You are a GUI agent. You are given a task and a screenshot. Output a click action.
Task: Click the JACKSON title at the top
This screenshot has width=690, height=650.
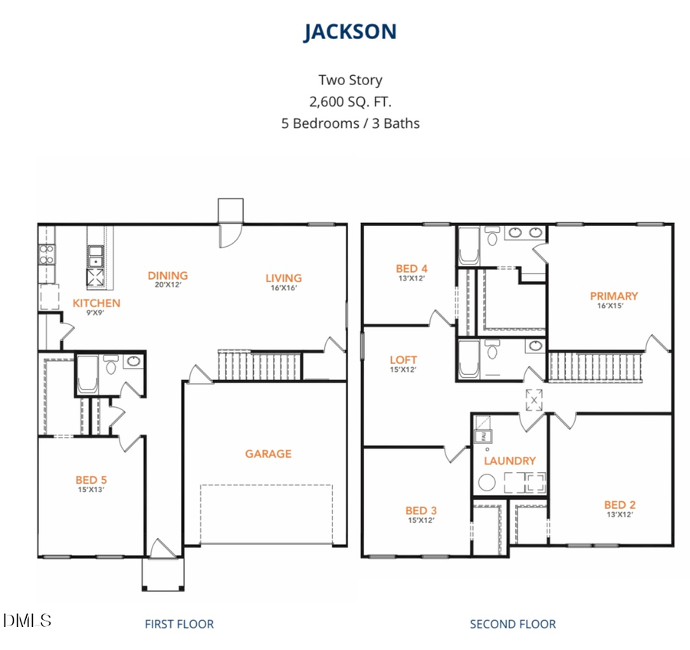coord(350,32)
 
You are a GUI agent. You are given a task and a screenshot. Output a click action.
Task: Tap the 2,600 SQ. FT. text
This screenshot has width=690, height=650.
coord(350,101)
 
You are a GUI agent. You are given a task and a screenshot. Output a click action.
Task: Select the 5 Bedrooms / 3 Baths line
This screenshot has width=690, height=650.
coord(350,123)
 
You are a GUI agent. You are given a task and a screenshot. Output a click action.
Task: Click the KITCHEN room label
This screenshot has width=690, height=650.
coord(97,303)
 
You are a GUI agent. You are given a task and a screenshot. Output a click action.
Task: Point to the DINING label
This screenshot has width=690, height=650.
coord(168,276)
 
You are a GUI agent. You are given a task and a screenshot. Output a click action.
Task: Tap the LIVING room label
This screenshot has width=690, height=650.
coord(284,278)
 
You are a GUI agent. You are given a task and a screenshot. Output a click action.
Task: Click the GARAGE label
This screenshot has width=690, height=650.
coord(268,454)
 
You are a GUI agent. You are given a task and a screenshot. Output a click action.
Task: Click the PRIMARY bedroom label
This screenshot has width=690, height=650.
coord(613,296)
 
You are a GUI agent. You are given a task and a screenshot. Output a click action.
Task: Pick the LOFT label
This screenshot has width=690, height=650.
coord(403,359)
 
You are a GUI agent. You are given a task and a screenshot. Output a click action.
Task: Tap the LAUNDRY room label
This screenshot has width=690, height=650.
coord(510,461)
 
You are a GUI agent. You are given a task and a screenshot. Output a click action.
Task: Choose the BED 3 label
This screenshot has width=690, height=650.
coord(421,510)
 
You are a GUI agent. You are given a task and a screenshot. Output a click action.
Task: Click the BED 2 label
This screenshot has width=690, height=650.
coord(619,504)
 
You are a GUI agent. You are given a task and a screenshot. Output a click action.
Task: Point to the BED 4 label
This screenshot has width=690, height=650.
coord(411,268)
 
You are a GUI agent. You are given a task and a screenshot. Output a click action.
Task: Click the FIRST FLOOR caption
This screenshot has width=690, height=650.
coord(179,624)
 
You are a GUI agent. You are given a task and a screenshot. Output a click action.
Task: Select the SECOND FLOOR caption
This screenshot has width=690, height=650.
coord(513,624)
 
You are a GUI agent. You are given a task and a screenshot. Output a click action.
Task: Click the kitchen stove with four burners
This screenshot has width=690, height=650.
coord(46,254)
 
